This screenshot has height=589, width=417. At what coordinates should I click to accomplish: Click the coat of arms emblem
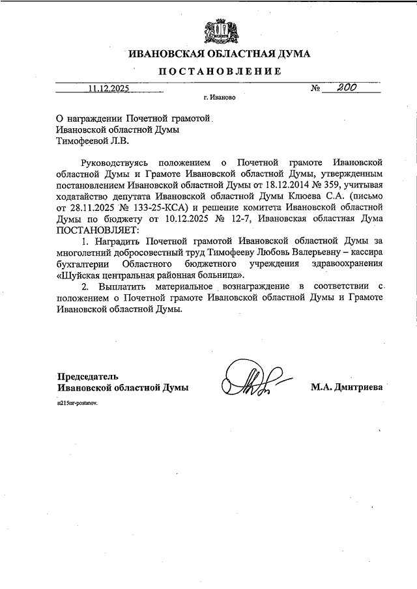(x=214, y=30)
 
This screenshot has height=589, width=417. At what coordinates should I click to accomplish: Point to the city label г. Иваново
(x=219, y=99)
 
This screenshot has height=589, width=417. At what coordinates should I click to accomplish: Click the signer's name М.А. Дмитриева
(x=349, y=387)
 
